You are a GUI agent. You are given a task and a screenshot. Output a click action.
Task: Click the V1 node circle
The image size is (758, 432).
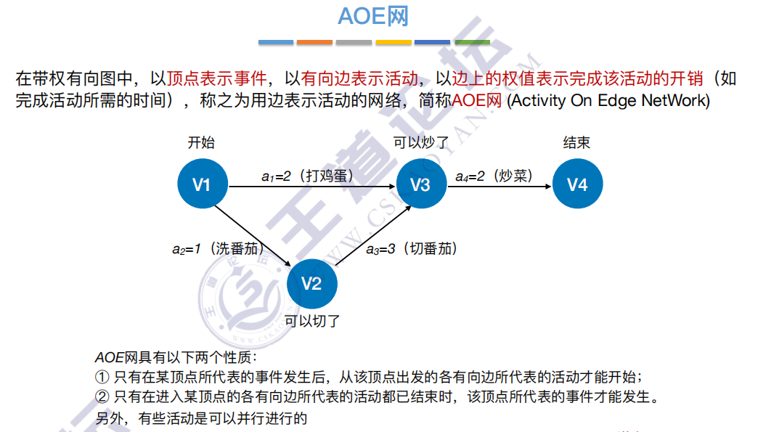click(x=203, y=184)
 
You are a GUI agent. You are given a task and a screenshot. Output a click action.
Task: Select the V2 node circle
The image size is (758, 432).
click(x=311, y=282)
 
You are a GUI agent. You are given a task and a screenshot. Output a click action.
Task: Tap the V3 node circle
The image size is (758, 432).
click(x=421, y=184)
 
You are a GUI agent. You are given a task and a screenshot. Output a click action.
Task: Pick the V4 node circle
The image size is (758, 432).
click(x=577, y=184)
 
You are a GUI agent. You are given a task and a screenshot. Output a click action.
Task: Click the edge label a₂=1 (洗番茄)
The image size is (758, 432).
click(x=216, y=248)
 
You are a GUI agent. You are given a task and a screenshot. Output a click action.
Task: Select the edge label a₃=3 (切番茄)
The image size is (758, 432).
click(x=412, y=248)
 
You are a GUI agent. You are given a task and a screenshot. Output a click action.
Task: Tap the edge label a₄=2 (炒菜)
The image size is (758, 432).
click(x=494, y=176)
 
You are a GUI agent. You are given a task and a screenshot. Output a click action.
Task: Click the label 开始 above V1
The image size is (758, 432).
click(x=201, y=142)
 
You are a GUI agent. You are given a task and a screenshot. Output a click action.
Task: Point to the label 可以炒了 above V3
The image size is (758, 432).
click(x=421, y=142)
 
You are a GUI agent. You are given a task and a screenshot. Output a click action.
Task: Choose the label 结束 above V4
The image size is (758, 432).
click(x=576, y=142)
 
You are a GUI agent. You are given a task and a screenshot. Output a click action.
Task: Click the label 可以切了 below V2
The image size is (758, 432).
click(x=312, y=320)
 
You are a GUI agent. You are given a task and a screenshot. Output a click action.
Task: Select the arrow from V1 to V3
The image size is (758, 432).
click(x=312, y=187)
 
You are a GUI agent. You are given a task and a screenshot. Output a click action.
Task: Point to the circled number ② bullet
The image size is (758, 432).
click(x=102, y=397)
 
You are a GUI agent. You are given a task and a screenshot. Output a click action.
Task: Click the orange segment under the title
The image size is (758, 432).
click(x=314, y=42)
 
